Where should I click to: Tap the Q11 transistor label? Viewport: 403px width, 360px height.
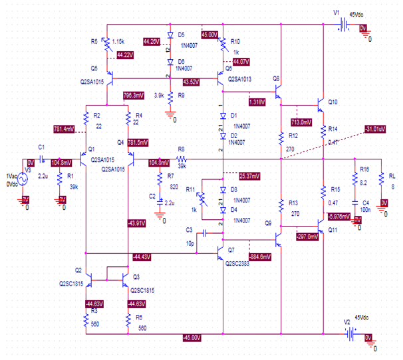point(333,229)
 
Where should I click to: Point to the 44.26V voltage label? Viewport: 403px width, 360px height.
point(152,41)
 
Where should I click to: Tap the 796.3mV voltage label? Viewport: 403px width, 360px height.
point(136,95)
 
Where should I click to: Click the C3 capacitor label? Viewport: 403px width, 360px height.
point(190,229)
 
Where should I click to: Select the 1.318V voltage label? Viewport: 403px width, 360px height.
point(256,102)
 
